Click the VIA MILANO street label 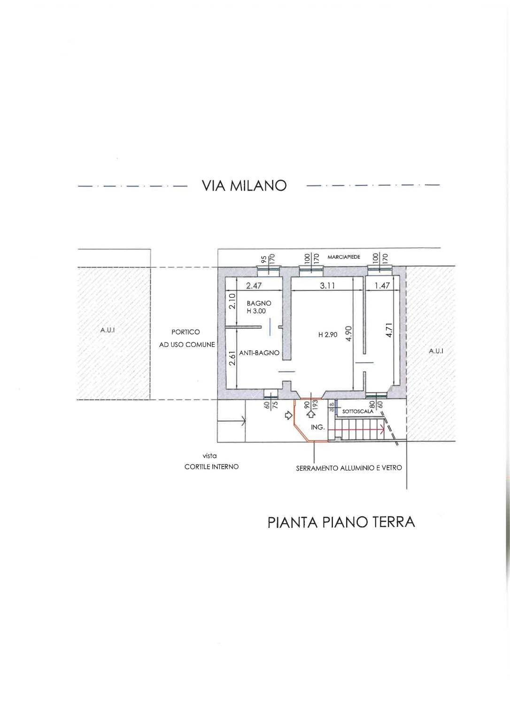pos(244,186)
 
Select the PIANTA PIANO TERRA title pos(341,522)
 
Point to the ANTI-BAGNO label pos(259,353)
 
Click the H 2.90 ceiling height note pos(328,335)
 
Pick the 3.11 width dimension pos(327,285)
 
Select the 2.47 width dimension pos(254,285)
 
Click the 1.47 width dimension pos(382,285)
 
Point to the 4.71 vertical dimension pos(388,329)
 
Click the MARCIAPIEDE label pos(344,257)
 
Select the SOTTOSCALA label pos(358,411)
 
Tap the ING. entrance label pos(318,427)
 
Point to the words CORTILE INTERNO pos(211,466)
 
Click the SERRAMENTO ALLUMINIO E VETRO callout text pos(348,468)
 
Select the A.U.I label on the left pos(108,330)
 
